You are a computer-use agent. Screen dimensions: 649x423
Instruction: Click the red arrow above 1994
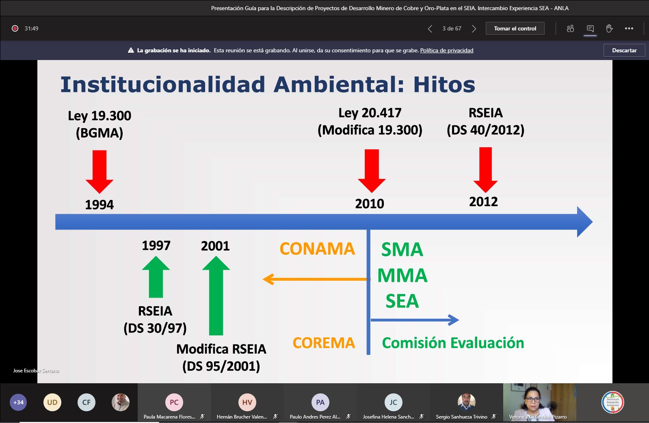click(100, 172)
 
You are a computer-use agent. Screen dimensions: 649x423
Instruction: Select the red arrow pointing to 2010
click(372, 171)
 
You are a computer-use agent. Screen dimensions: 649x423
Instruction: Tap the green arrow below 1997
click(156, 277)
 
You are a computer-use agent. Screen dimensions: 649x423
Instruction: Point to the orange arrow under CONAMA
click(316, 279)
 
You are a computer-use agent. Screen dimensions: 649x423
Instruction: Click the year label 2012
click(483, 202)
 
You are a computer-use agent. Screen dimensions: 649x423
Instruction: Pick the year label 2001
click(215, 246)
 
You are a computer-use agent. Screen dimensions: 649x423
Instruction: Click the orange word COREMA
click(324, 343)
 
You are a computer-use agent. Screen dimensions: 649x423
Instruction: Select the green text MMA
click(402, 275)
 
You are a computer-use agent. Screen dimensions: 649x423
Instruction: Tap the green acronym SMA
click(402, 249)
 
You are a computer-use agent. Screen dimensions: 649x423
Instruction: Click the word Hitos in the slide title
click(444, 84)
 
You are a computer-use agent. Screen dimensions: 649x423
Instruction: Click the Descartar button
click(624, 50)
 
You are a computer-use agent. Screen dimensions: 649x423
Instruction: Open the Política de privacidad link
click(447, 50)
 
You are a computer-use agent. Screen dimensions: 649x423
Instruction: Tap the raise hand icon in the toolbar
click(609, 28)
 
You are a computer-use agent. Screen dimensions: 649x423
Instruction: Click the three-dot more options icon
click(629, 28)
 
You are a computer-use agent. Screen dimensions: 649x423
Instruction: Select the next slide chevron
click(474, 29)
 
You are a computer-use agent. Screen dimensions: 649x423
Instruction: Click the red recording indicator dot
click(15, 28)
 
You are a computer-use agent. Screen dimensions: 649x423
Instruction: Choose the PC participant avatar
click(174, 402)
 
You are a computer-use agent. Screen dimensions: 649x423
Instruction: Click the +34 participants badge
click(19, 402)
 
